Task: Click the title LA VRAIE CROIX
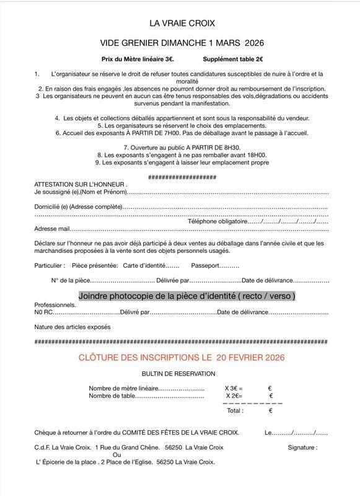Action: coord(182,24)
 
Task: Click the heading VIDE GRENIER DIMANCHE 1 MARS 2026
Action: coord(182,43)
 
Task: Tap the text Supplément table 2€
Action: coord(233,60)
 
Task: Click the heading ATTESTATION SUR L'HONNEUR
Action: coord(81,185)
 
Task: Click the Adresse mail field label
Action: coord(53,229)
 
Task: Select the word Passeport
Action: coord(206,265)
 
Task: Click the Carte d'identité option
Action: coord(143,265)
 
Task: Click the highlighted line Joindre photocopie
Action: coord(187,296)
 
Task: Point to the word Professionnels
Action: coord(56,305)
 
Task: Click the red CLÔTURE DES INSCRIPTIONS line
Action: coord(182,358)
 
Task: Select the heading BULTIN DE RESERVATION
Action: coord(178,374)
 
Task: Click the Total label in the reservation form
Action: coord(235,410)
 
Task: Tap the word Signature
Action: coord(302,447)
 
